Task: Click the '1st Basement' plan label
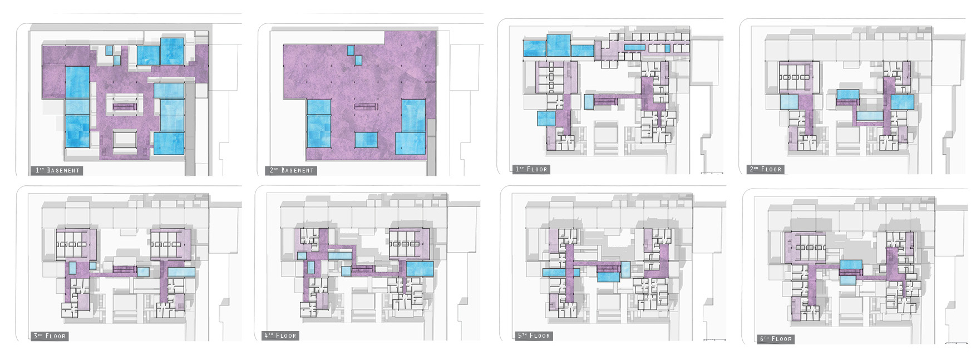57,170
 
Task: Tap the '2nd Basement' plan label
292,170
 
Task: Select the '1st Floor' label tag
531,169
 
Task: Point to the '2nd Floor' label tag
766,169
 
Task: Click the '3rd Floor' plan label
50,336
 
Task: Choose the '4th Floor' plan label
280,336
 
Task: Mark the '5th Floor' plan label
534,336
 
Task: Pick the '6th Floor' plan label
776,338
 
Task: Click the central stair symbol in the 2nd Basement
366,106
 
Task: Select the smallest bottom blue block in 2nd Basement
366,140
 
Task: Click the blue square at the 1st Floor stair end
589,101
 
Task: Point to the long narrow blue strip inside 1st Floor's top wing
634,47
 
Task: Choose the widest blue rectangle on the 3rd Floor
181,272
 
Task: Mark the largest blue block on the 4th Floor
420,269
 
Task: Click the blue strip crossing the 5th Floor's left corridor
561,273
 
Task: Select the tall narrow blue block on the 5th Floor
626,270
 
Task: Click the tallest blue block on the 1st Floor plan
559,46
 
